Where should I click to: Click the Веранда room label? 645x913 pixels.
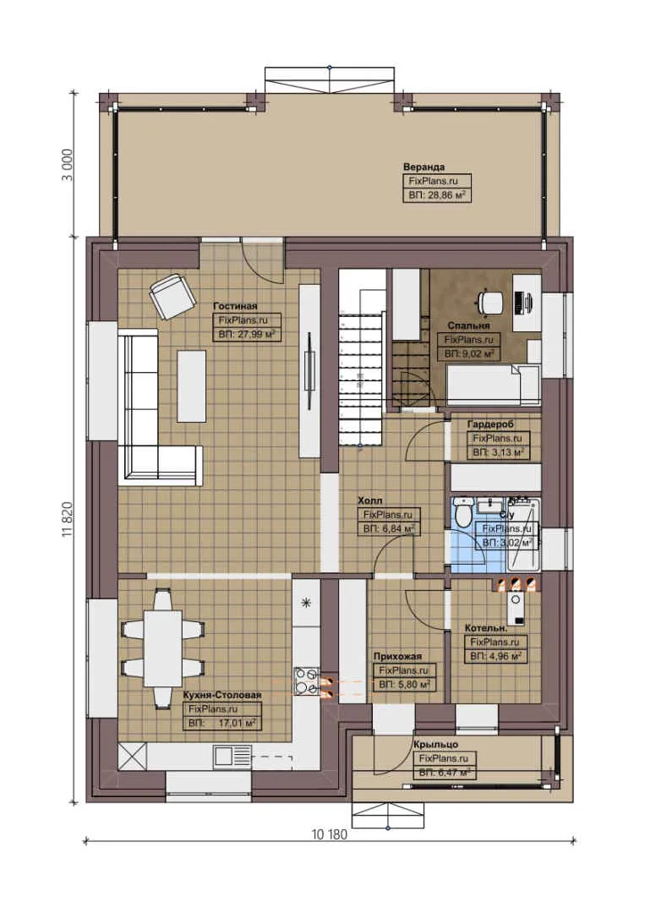click(x=424, y=167)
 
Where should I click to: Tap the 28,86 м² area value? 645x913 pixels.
click(x=437, y=195)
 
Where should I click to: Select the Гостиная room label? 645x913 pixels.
click(x=235, y=306)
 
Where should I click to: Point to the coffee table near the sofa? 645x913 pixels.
click(x=191, y=385)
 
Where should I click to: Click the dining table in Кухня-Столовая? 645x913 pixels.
click(x=161, y=648)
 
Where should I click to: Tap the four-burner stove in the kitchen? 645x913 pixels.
click(x=306, y=682)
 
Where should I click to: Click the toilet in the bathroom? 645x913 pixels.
click(x=462, y=512)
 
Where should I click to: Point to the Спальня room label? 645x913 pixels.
click(x=468, y=325)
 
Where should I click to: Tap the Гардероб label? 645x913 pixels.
click(x=490, y=424)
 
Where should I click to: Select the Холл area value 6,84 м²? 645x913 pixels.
click(x=388, y=528)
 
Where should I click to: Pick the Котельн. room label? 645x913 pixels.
click(x=486, y=628)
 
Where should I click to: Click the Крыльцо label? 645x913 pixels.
click(x=436, y=744)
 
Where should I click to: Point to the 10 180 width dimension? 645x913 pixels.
click(x=330, y=833)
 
